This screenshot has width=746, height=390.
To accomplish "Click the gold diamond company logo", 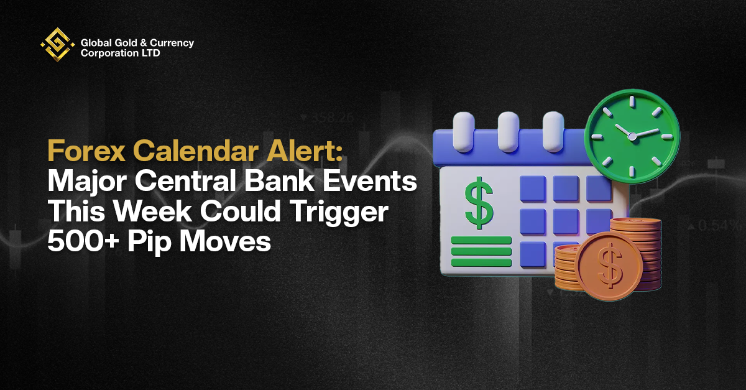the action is [x=57, y=44].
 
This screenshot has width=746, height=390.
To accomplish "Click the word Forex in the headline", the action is [x=86, y=151].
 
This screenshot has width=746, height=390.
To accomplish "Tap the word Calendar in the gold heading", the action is [x=196, y=151].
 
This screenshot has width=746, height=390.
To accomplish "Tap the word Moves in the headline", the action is [x=225, y=241].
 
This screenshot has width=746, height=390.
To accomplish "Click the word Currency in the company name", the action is [x=172, y=44].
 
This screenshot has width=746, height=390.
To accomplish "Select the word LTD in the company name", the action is [x=151, y=53].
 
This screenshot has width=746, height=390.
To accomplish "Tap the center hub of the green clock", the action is [x=632, y=136].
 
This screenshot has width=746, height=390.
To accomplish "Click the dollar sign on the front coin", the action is [x=609, y=266].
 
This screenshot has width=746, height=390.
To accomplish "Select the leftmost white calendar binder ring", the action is [x=464, y=132].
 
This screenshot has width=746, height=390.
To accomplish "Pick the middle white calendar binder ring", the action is [x=509, y=132].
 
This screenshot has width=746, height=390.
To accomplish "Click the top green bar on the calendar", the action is [x=481, y=240].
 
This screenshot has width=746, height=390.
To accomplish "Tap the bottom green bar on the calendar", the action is [x=481, y=262].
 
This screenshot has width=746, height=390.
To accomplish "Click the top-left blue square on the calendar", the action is [x=533, y=188].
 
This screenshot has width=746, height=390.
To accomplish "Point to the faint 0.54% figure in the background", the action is [x=716, y=226].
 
